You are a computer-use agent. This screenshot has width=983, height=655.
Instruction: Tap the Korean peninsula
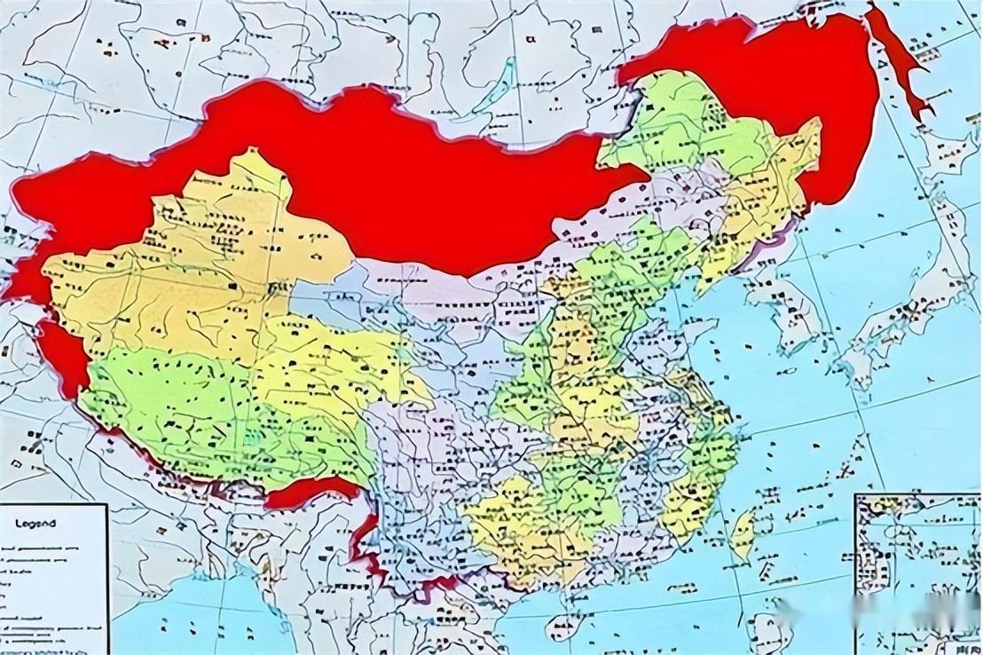781,306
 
